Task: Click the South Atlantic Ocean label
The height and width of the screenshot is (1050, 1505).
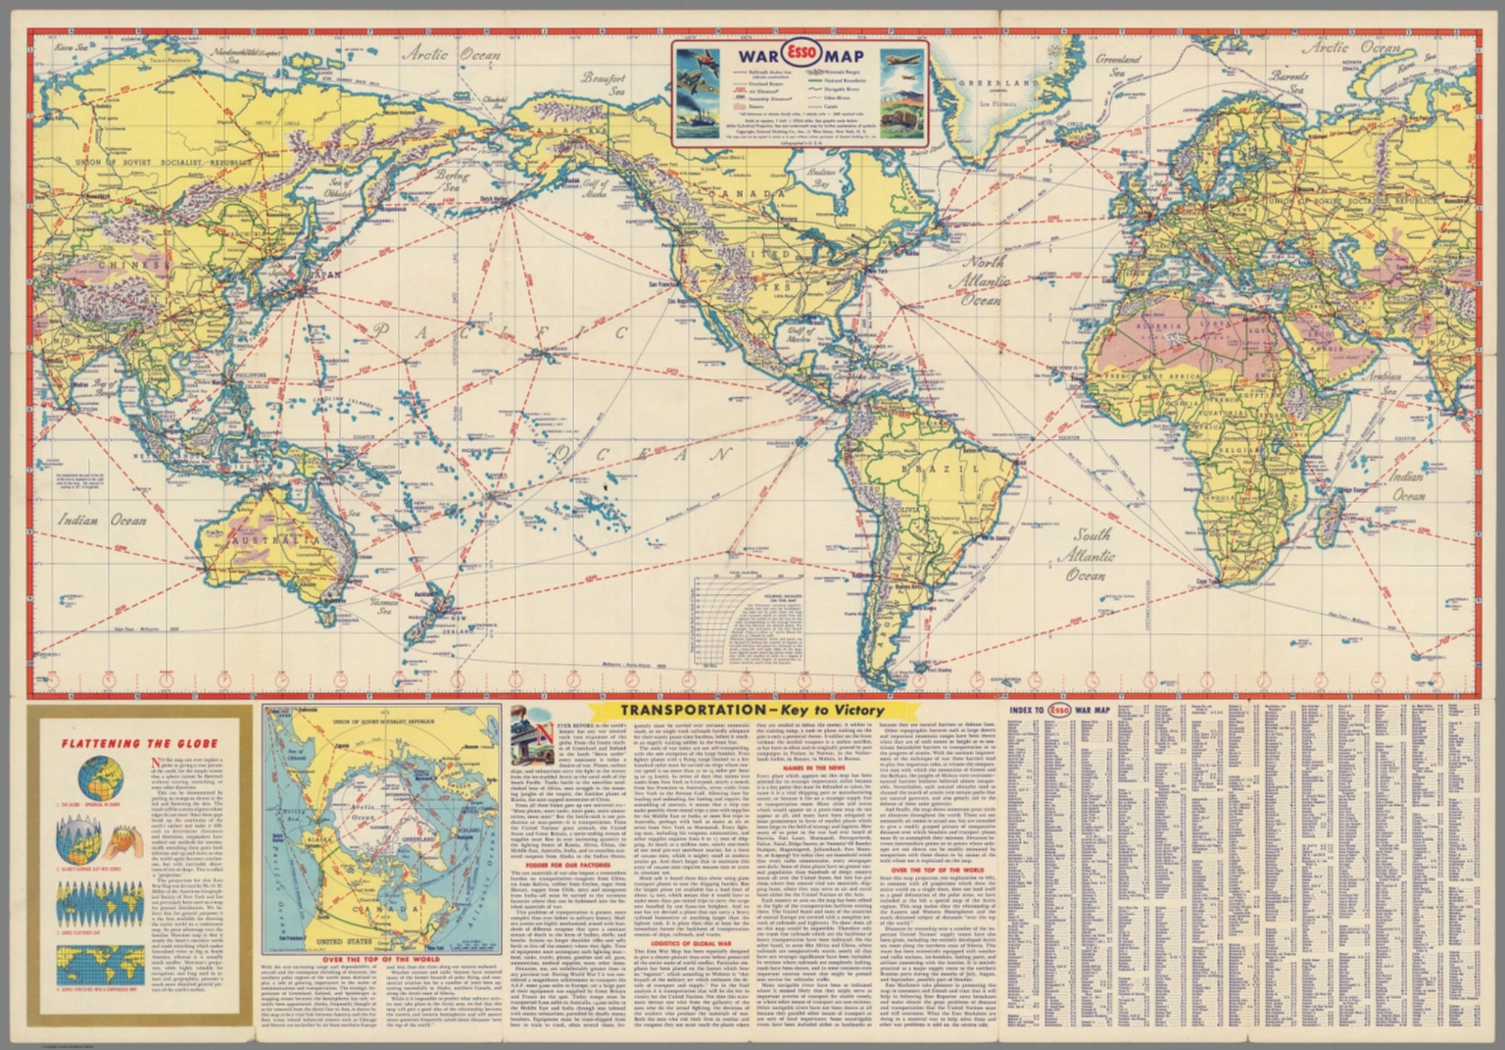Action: point(1090,555)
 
